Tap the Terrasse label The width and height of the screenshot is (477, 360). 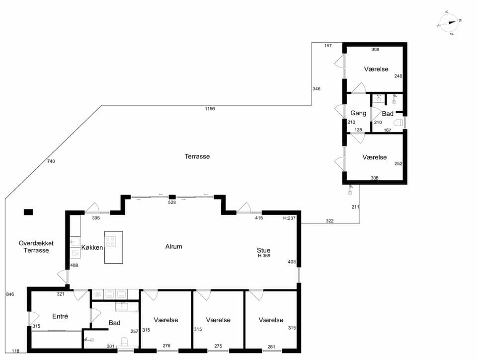coord(197,156)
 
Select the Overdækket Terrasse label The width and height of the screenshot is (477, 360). coord(36,247)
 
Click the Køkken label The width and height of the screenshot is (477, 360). coord(92,247)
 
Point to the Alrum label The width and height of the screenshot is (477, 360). coord(174,246)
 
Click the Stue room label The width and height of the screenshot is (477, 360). coord(263,250)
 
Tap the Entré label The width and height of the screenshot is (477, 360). coord(60,316)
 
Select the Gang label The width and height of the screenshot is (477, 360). coord(358,113)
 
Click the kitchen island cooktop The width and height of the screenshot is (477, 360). coord(110,242)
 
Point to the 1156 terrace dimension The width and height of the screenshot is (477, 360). coord(210,109)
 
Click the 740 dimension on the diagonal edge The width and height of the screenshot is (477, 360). coord(51,161)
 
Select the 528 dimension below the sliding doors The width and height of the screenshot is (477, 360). coord(172,203)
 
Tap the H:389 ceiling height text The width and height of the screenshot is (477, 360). coord(264,256)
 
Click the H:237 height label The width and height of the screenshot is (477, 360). coord(289,218)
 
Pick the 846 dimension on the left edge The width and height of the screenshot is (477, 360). coord(10,294)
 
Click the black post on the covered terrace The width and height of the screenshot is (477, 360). coord(28,212)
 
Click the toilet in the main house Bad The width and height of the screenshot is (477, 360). coord(125,342)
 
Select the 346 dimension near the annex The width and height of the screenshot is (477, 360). coord(317,89)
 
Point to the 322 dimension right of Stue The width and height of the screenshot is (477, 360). coord(330,221)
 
